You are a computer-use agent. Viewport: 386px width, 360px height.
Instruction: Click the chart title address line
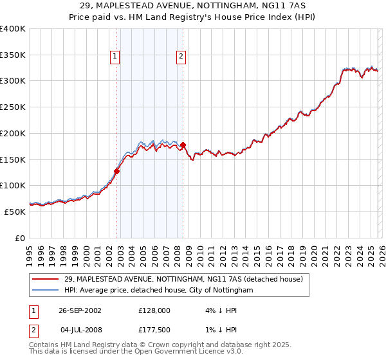(193, 6)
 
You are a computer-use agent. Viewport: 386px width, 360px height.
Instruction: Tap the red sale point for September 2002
(117, 171)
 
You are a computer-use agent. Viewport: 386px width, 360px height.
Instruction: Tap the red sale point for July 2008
(183, 145)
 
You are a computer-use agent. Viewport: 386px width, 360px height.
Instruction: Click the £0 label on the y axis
(19, 238)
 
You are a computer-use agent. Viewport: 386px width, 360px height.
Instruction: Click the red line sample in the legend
(46, 280)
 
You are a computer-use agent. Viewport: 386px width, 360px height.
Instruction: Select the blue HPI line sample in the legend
(46, 291)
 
